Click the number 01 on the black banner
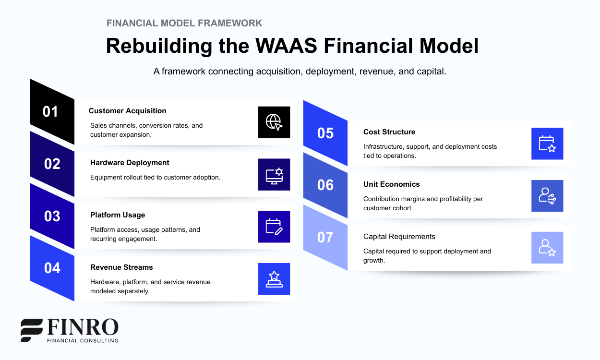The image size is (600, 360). pos(50,111)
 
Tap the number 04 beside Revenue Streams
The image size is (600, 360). pos(52,268)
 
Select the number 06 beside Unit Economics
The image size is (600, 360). pos(325,185)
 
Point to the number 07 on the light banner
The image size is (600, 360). pos(325,237)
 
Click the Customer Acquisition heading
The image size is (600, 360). pos(127,111)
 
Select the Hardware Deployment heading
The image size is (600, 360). pos(130,163)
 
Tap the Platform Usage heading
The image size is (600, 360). pos(118,215)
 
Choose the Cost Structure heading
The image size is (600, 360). pos(389,132)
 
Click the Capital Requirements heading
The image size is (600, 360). pos(399,237)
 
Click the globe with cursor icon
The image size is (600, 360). pos(274,122)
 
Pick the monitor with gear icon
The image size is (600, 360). pos(274,175)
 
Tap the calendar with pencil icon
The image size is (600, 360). pos(274,227)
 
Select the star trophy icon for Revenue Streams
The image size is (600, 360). pos(274,279)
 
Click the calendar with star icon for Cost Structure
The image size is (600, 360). pos(547,144)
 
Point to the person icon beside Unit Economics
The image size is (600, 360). pos(547,196)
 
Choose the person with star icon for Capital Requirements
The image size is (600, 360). pos(547,248)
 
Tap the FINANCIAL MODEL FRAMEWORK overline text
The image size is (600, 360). pos(184,23)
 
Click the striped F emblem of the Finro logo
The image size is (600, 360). pos(32,330)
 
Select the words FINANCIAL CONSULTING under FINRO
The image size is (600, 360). pos(82,340)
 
